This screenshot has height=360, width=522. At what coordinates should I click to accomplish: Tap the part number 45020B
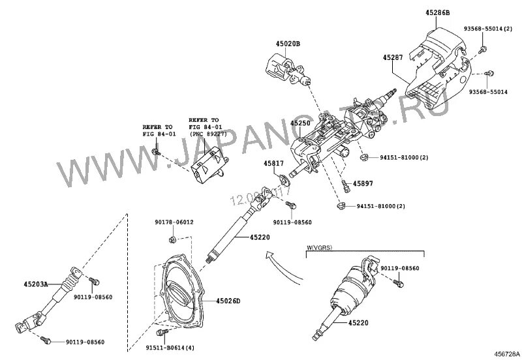coord(287,44)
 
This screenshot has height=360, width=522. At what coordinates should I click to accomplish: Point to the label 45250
coord(301,123)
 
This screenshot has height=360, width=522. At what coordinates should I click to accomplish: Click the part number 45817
coord(273,164)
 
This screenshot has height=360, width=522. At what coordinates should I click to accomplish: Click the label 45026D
coord(228,301)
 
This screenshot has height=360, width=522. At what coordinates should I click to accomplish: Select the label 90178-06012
coord(174,222)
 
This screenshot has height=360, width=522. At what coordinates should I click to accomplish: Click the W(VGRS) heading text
coord(321,248)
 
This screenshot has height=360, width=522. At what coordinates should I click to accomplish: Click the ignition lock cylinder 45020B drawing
coord(281,69)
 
